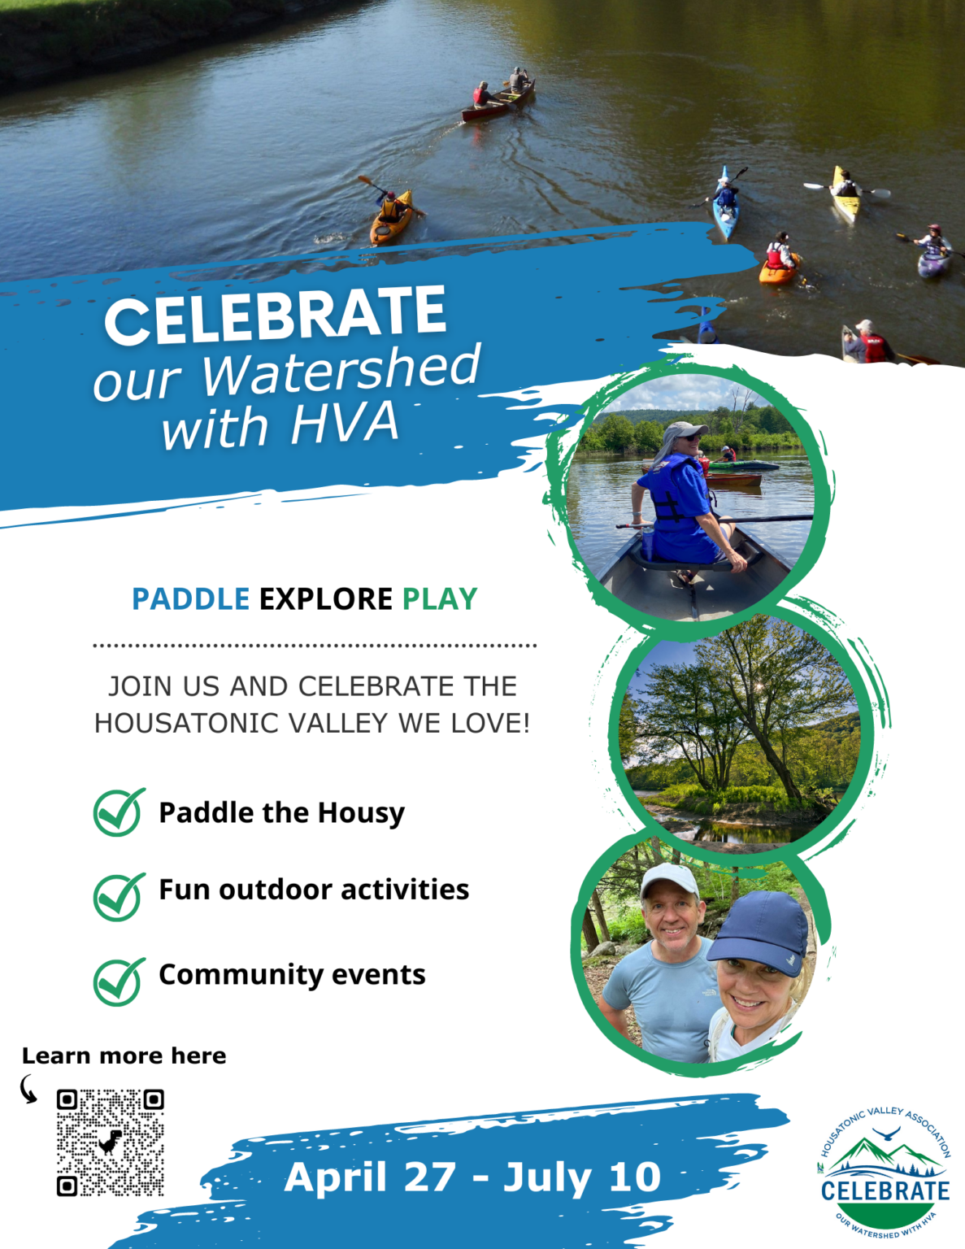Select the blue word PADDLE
(191, 599)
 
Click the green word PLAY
(440, 599)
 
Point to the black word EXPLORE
(326, 599)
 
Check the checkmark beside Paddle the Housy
(119, 812)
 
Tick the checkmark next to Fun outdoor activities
(119, 897)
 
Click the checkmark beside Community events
(119, 981)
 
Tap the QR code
(111, 1142)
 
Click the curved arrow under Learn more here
(26, 1089)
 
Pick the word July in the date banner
(547, 1179)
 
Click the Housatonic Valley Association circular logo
(885, 1173)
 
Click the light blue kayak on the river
(725, 205)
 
